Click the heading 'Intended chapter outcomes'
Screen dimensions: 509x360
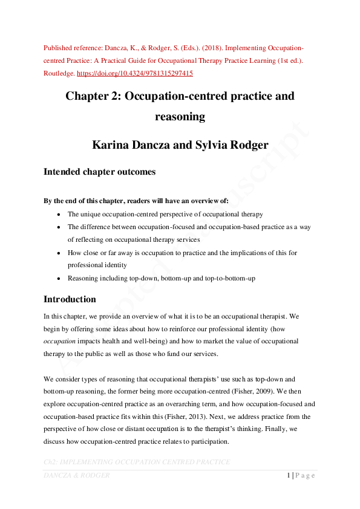[x=99, y=172]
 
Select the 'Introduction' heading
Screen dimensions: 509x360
[x=70, y=299]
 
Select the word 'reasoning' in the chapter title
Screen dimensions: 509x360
[x=180, y=116]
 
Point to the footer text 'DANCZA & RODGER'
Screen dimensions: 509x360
[x=76, y=475]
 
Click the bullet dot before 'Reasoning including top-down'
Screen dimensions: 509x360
[x=58, y=278]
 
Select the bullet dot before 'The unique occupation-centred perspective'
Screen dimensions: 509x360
[x=58, y=215]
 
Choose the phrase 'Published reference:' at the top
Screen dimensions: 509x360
[x=70, y=47]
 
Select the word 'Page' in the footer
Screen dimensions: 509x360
[x=306, y=475]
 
